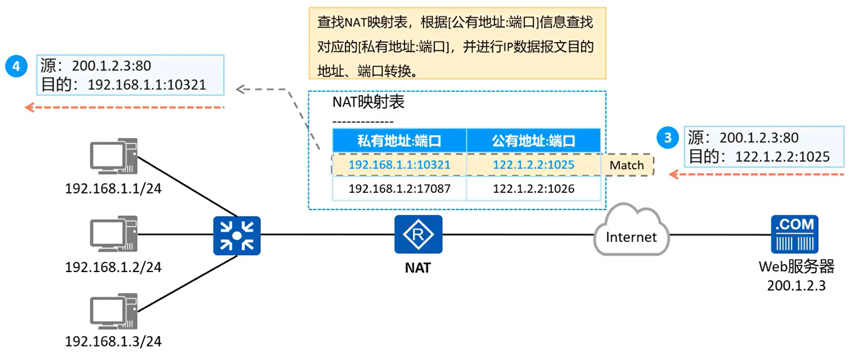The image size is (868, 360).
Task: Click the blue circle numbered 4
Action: [16, 66]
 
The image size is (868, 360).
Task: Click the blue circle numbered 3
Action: [668, 137]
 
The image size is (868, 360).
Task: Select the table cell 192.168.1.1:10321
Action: [399, 165]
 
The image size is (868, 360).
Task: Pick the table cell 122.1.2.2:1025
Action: [534, 165]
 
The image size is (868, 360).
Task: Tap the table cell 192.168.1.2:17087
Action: [399, 189]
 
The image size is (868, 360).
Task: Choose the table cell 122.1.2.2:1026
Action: [534, 189]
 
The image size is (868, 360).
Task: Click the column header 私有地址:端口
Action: [399, 141]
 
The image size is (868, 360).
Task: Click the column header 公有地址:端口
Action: [534, 141]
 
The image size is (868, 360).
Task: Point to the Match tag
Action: [627, 165]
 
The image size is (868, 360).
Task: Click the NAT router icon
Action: [418, 234]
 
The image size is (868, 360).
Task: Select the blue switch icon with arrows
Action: [237, 236]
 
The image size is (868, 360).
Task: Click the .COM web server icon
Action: [795, 234]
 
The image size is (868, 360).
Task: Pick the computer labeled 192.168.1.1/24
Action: [114, 156]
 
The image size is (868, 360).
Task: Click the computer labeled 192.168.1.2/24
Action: [114, 234]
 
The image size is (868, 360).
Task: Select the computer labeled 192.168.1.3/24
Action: [114, 311]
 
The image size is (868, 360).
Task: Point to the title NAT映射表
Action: [368, 102]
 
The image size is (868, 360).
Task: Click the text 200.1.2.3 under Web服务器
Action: [796, 285]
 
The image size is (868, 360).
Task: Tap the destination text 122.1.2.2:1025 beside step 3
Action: [782, 156]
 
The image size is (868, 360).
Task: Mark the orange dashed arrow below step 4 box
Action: [124, 107]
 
